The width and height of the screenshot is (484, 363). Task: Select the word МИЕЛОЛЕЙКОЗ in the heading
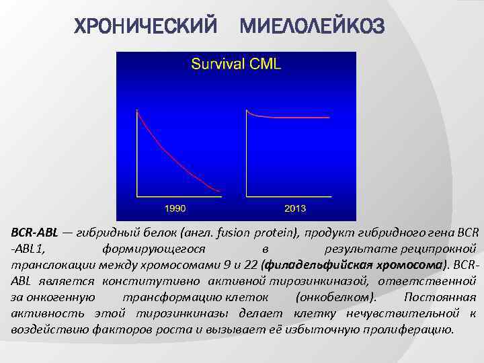click(x=313, y=27)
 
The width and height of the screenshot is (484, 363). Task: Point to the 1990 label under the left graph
click(x=175, y=208)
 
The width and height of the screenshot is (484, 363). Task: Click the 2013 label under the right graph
click(x=295, y=208)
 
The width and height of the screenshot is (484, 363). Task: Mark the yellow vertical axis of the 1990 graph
click(x=136, y=155)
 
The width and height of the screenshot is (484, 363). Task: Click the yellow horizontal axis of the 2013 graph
click(x=289, y=197)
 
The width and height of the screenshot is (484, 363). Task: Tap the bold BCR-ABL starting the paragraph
click(x=34, y=233)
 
